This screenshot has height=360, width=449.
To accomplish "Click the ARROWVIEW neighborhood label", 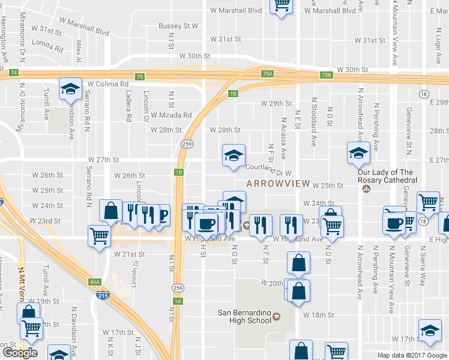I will pyautogui.click(x=277, y=183).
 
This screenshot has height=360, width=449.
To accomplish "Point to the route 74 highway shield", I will pyautogui.click(x=13, y=73).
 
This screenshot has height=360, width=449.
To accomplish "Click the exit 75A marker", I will pyautogui.click(x=268, y=74).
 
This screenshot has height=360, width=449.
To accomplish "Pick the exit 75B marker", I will pyautogui.click(x=326, y=75).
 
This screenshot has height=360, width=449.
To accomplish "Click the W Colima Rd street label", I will pyautogui.click(x=109, y=84).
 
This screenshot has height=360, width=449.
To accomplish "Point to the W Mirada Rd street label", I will pyautogui.click(x=171, y=115).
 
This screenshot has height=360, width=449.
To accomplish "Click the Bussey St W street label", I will pyautogui.click(x=178, y=26).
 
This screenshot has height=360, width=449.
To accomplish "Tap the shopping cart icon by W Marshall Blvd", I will pyautogui.click(x=281, y=5).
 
